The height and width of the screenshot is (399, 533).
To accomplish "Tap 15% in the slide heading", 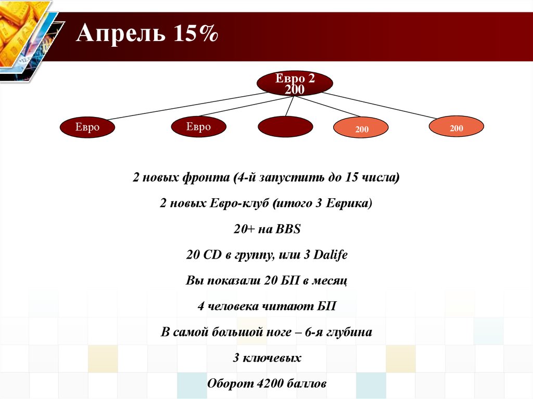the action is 196,33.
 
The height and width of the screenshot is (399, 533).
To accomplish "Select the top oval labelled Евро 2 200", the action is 295,83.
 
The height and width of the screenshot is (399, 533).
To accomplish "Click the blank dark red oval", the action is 285,126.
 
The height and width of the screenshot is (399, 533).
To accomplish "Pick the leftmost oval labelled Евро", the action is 87,127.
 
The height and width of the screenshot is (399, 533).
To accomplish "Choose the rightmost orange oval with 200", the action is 456,126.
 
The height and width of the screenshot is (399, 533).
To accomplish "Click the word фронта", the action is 206,177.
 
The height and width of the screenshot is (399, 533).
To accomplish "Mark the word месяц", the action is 329,281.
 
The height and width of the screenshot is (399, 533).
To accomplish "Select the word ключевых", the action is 272,357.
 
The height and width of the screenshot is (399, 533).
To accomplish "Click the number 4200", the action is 270,383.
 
